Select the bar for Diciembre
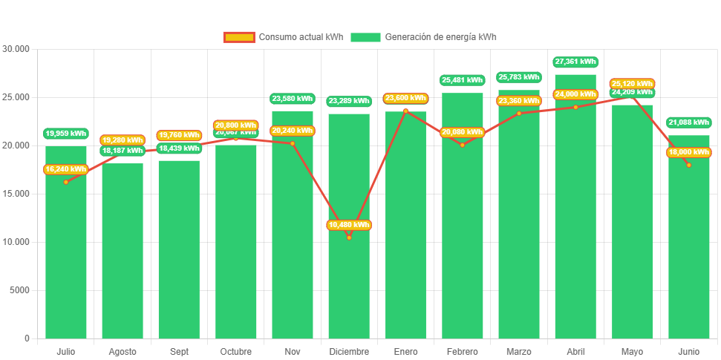(349, 282)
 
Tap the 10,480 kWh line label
(349, 225)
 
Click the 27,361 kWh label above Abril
(575, 62)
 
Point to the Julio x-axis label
(66, 351)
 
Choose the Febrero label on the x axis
(462, 351)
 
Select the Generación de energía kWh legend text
(440, 37)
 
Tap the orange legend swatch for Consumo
(238, 37)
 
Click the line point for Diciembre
(349, 238)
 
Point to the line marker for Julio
(66, 182)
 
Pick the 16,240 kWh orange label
(66, 169)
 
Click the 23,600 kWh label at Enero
(405, 98)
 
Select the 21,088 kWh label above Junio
(689, 122)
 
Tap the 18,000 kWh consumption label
(689, 152)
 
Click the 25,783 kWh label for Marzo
(519, 77)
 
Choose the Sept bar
(179, 252)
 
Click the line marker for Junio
(689, 165)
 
